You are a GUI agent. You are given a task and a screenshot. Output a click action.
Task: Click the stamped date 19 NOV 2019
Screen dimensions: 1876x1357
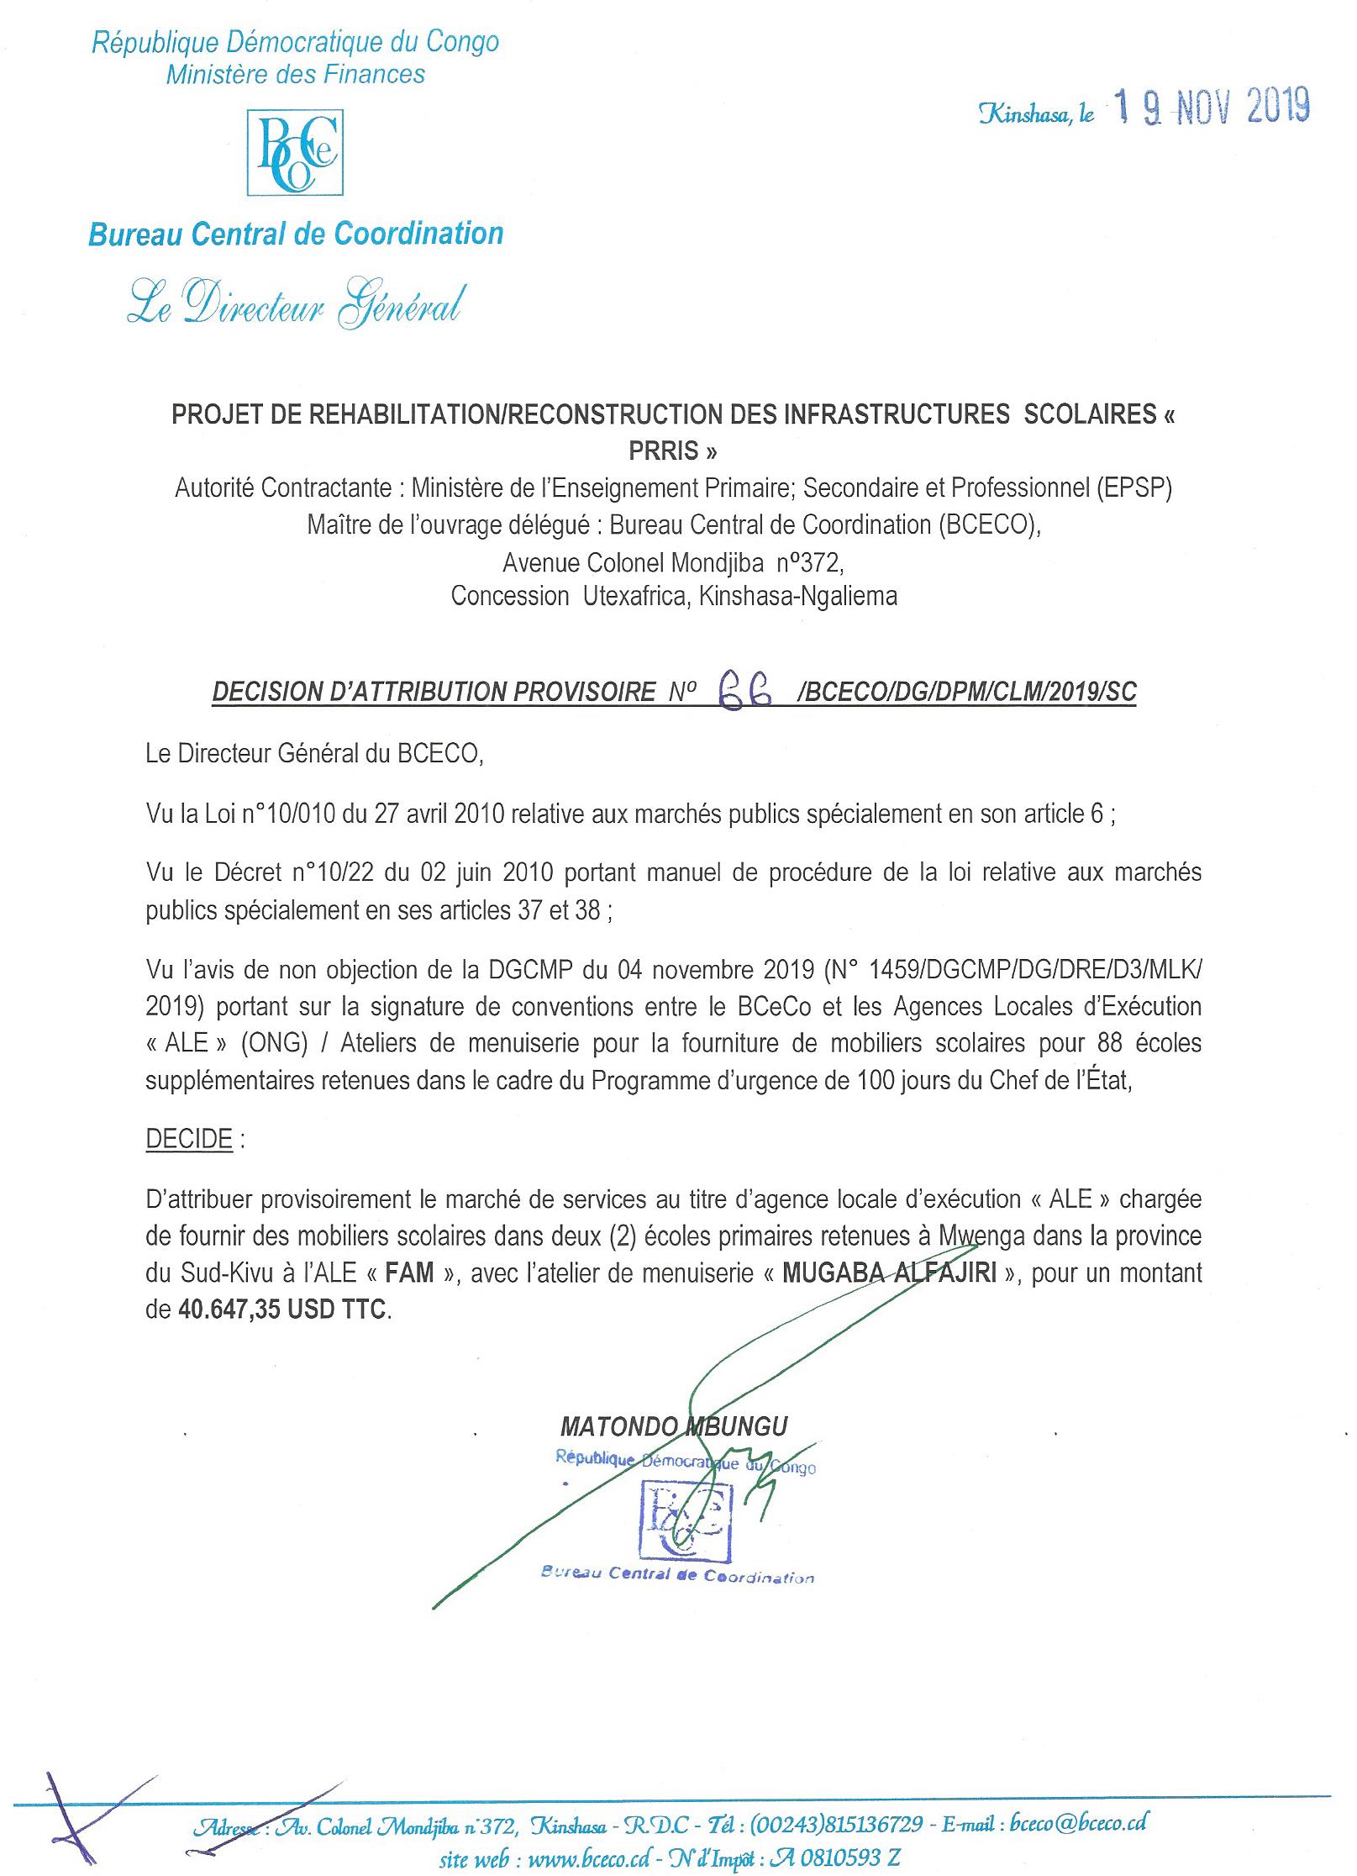coord(1211,107)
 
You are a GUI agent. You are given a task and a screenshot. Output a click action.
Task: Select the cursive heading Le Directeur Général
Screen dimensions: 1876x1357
coord(295,303)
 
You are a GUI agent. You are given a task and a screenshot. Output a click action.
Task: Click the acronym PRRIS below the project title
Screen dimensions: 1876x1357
coord(673,451)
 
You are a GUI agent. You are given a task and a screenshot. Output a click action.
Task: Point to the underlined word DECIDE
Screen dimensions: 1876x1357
coord(189,1139)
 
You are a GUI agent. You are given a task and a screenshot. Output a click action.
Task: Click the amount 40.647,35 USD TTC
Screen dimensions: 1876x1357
coord(284,1310)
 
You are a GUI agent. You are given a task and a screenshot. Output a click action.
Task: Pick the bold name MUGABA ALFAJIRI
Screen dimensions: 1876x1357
coord(889,1273)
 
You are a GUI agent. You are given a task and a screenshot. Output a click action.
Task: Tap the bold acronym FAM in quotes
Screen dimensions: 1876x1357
coord(409,1273)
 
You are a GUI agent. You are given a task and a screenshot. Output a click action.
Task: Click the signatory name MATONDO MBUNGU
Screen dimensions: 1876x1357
coord(674,1426)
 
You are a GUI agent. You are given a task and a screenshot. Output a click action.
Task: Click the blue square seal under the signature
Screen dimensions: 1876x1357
coord(685,1520)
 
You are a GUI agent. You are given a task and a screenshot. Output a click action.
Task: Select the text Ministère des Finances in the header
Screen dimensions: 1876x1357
coord(295,75)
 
